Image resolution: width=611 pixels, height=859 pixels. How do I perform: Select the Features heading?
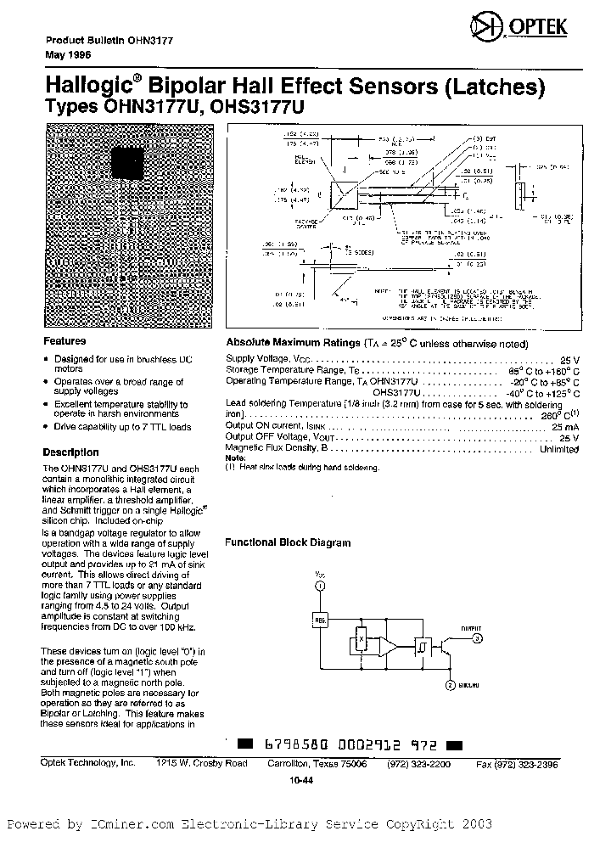(64, 341)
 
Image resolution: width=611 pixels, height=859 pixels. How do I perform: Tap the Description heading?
(70, 452)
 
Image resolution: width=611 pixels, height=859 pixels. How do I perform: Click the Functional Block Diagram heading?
(287, 542)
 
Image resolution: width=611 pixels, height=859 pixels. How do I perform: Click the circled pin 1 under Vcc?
(320, 586)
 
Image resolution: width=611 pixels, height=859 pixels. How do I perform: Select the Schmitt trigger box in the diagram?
(420, 645)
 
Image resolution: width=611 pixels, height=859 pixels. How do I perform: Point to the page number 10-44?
(300, 778)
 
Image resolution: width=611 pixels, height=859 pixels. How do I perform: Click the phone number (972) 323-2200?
(424, 764)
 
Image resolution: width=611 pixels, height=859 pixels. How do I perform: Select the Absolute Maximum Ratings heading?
(292, 344)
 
